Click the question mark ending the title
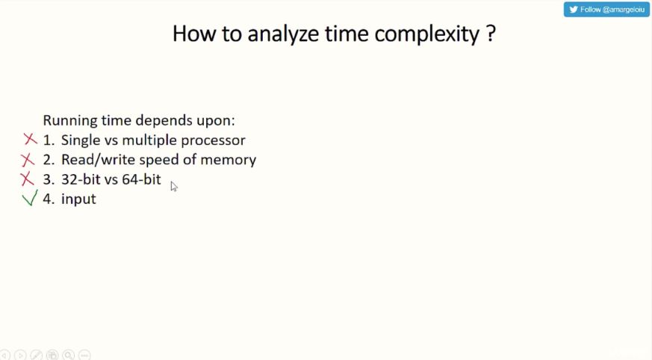491,34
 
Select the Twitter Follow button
606,10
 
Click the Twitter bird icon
574,10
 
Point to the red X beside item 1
31,139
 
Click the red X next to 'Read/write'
28,160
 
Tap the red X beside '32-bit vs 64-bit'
27,179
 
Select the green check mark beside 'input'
30,198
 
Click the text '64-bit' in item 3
141,179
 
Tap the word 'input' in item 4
78,199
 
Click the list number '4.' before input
49,199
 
